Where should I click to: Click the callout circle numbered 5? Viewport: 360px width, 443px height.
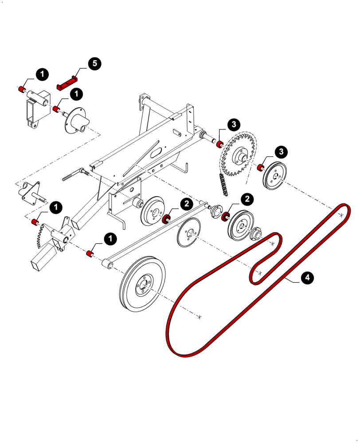94,64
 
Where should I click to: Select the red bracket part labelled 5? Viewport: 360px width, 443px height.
67,83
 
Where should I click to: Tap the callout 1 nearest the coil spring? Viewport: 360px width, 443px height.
56,207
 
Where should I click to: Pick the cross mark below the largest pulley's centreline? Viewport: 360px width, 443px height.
200,316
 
